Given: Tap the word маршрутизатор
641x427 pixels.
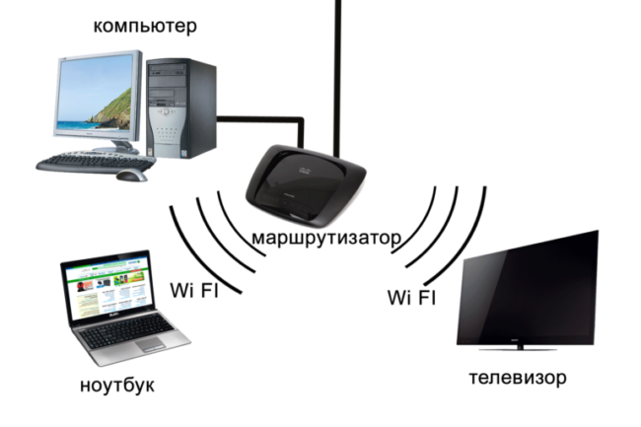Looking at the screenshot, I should pos(326,238).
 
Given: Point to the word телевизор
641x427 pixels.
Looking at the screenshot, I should pos(518,378).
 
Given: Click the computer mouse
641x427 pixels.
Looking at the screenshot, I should pos(130,176).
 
